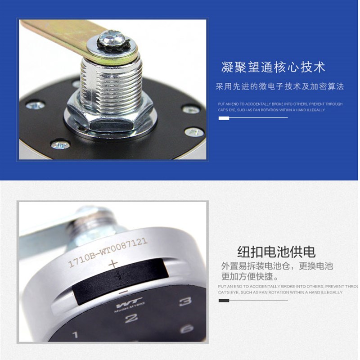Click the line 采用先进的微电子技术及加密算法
point(279,86)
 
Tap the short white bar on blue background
point(224,118)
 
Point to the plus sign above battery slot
point(113,264)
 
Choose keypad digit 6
point(187,329)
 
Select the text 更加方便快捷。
point(250,276)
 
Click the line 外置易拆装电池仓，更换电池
point(277,266)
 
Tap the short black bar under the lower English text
point(224,300)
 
